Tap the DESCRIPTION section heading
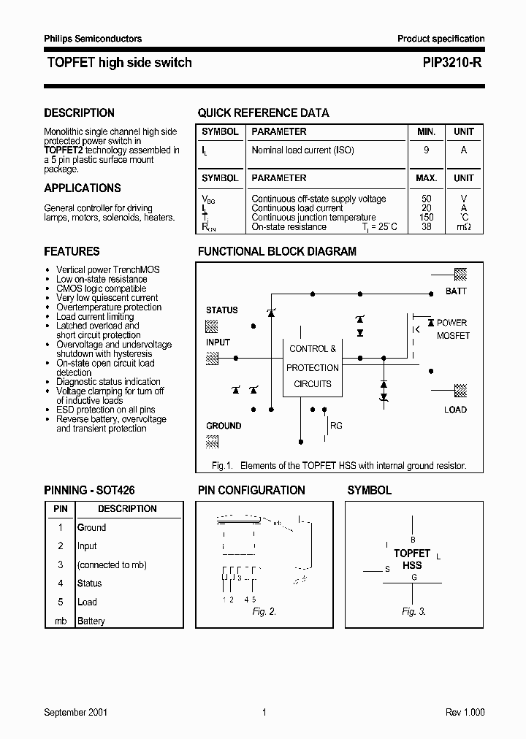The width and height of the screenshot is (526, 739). click(79, 112)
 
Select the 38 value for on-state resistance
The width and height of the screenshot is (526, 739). click(427, 227)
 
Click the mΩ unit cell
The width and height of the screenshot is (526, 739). click(464, 227)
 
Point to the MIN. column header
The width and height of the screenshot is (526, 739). click(427, 131)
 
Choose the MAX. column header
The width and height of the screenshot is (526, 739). click(427, 177)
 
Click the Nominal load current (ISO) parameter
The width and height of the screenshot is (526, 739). click(302, 150)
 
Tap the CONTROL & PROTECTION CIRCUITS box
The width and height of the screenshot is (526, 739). click(313, 367)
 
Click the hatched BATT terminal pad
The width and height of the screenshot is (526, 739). click(461, 275)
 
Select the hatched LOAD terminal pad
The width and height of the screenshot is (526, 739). click(461, 390)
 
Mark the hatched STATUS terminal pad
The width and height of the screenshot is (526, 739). click(213, 326)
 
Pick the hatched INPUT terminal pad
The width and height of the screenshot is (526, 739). click(213, 358)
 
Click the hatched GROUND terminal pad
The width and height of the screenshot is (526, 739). click(213, 441)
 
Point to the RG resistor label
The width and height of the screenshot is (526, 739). click(337, 426)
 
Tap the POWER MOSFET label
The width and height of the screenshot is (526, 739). click(453, 329)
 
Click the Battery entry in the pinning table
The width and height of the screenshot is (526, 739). click(91, 621)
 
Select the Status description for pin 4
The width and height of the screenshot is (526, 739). click(90, 583)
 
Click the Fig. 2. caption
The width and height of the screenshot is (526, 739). click(264, 612)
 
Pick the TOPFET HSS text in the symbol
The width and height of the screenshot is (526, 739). click(413, 559)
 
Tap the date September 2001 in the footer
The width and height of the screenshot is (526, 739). click(76, 713)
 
